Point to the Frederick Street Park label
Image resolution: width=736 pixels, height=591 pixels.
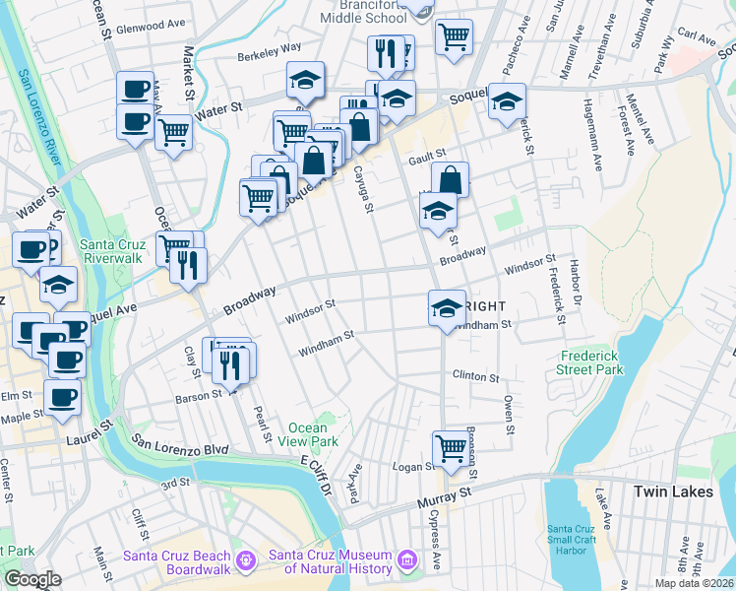(592, 362)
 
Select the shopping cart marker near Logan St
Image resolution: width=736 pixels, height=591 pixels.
(451, 447)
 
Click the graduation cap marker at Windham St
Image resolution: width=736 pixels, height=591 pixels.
(446, 307)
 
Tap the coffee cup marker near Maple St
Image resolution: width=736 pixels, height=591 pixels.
(62, 397)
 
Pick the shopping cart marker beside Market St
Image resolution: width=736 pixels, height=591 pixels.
(173, 130)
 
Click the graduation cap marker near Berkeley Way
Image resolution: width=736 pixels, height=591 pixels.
(306, 80)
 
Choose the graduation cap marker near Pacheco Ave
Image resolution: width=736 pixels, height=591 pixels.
(507, 101)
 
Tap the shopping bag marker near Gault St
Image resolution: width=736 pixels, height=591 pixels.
(450, 179)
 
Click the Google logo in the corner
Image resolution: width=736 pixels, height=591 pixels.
(32, 579)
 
